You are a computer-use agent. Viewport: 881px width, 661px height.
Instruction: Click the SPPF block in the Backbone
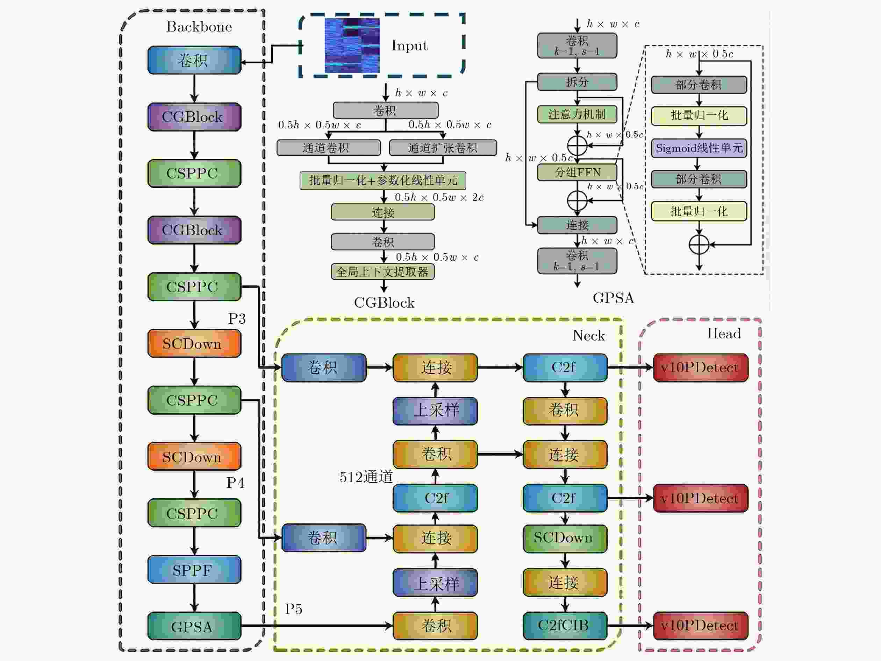(x=194, y=569)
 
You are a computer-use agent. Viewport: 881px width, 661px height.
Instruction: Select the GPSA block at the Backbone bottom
(x=194, y=626)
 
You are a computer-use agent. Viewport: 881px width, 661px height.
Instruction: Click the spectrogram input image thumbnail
(x=352, y=45)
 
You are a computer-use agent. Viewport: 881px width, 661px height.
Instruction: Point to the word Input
(x=409, y=45)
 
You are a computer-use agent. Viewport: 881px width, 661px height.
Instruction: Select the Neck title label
(x=588, y=335)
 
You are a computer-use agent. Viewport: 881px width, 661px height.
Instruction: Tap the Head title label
(x=724, y=333)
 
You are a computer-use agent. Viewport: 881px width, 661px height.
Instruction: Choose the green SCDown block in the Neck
(x=565, y=538)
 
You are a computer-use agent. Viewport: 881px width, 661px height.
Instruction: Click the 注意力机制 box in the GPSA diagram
(x=577, y=114)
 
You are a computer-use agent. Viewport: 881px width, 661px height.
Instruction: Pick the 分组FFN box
(x=577, y=172)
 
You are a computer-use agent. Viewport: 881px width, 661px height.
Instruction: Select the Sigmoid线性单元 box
(x=699, y=148)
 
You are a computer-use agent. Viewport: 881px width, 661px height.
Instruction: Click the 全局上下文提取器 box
(x=383, y=272)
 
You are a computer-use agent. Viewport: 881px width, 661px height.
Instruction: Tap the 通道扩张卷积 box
(x=443, y=148)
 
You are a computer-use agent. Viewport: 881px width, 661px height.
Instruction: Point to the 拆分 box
(x=577, y=82)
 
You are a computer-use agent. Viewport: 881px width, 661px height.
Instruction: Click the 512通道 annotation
(x=366, y=477)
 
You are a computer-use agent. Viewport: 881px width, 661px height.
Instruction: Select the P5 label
(x=294, y=609)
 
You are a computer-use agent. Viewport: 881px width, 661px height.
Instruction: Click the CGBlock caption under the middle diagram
(x=384, y=303)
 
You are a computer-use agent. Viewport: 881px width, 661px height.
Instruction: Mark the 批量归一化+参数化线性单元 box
(x=383, y=181)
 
